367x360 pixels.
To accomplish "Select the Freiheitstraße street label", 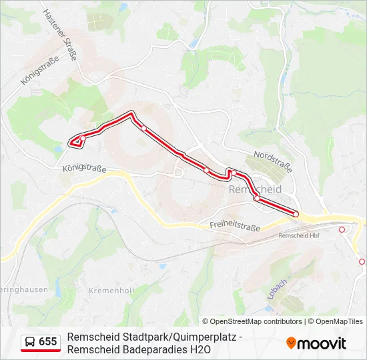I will tap(234, 227).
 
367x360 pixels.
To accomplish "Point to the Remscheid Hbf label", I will tap(300, 235).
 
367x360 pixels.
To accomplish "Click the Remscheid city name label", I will tap(256, 189).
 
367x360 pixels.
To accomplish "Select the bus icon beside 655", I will tap(30, 342).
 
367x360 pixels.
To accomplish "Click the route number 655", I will tap(48, 342).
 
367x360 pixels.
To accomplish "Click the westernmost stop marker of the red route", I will tap(81, 139).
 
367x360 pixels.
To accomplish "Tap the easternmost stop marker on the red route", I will tap(296, 214).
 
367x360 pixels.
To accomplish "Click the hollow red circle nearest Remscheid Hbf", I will tap(342, 229).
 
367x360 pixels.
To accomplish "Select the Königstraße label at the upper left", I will tap(40, 69).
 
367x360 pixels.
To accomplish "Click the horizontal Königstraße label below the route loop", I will tap(84, 169).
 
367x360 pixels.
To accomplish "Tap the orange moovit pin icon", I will tap(292, 343).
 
